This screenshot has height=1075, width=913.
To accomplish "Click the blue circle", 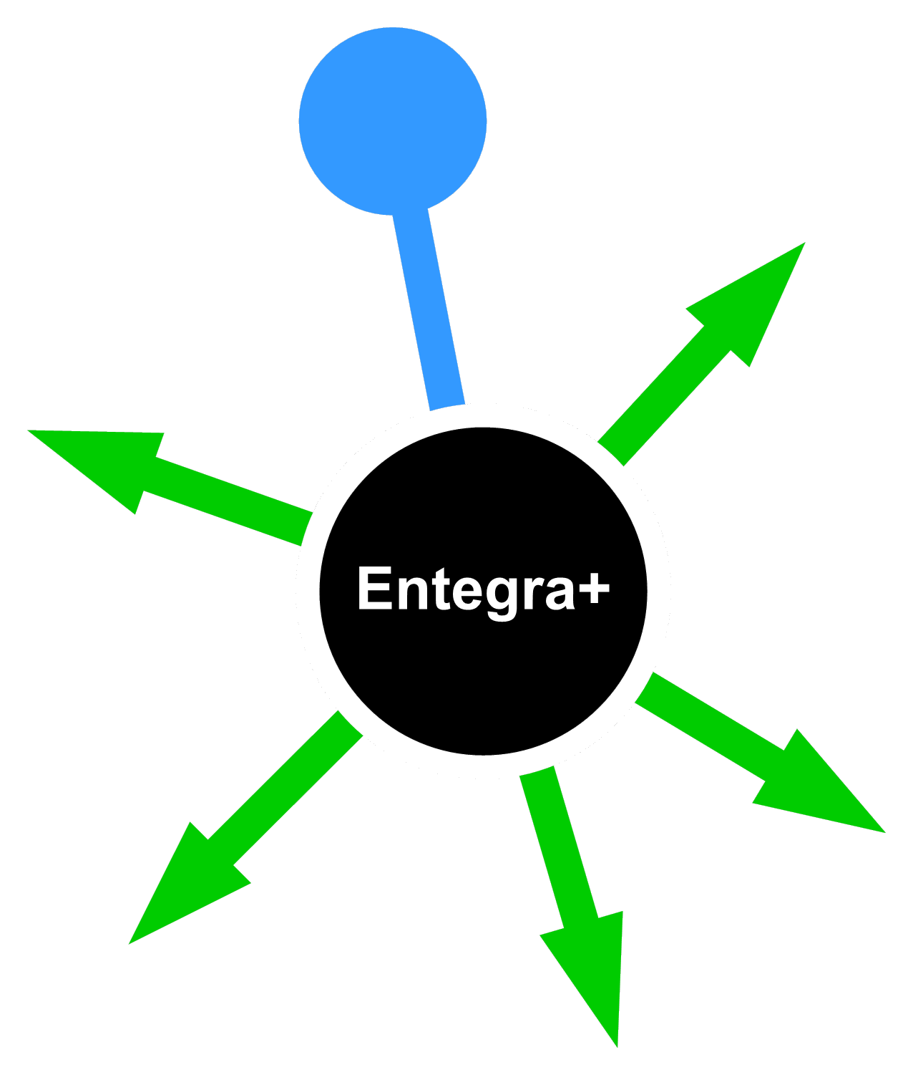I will (392, 120).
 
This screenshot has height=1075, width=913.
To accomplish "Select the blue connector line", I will (429, 308).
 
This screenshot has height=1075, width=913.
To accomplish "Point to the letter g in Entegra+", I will (502, 594).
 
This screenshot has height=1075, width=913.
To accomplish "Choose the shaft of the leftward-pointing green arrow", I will (229, 501).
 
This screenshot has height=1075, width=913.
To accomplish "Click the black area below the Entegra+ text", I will (483, 688).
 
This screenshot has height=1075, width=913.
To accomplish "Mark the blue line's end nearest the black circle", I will (447, 401).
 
